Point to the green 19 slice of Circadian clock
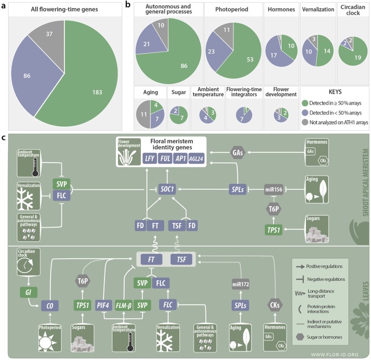point(349,61)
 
